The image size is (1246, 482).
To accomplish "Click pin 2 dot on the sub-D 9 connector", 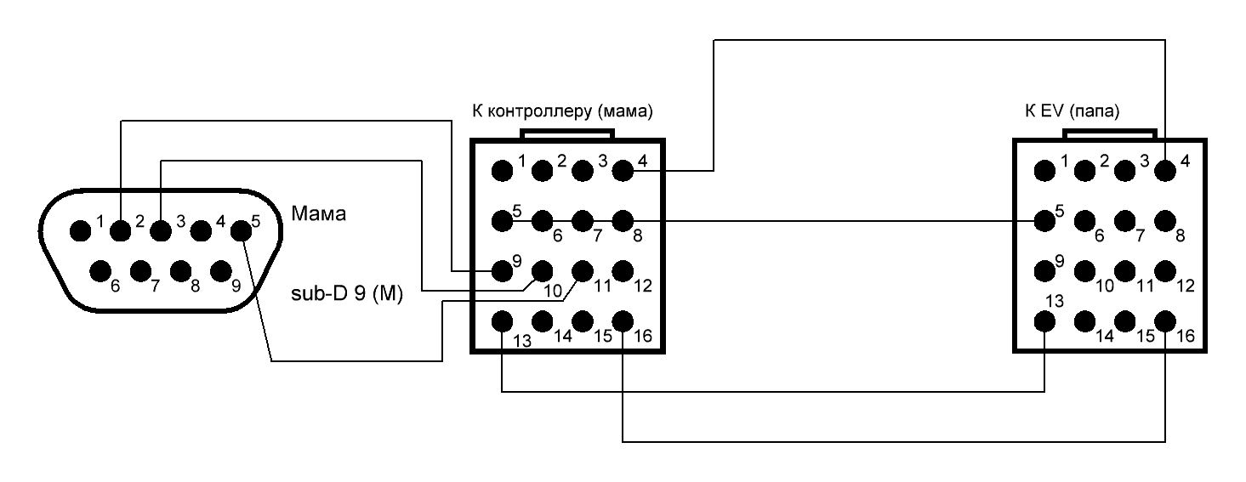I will coord(121,229).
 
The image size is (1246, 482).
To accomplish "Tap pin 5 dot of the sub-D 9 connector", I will coord(242,229).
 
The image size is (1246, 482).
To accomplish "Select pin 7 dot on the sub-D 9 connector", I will coord(141,272).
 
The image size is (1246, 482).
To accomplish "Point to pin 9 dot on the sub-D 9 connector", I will coord(221,272).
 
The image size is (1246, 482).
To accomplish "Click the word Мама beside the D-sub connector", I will coord(319,213).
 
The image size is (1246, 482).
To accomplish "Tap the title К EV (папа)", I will coord(1072,111).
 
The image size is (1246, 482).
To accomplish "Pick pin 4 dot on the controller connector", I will coord(623,170).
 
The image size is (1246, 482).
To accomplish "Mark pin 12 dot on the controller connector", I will coord(623,270).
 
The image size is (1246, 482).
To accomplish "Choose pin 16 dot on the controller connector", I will coord(623,321).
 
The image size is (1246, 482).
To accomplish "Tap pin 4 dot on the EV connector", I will coord(1165,170).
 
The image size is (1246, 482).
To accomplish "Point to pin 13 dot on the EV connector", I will coord(1044,321).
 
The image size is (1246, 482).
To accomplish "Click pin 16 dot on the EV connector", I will coord(1165,321).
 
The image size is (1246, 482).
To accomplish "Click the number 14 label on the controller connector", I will coord(562,336).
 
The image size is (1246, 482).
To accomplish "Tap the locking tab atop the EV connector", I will coord(1110,134).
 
